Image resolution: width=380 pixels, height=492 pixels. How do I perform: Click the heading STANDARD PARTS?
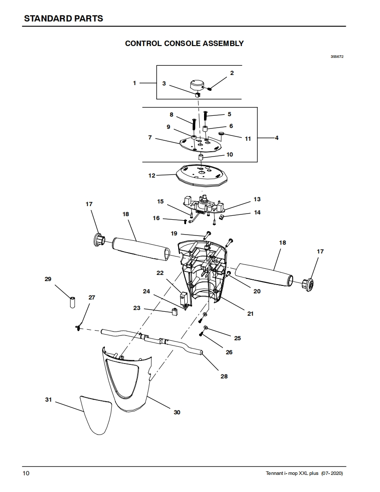[x=64, y=18]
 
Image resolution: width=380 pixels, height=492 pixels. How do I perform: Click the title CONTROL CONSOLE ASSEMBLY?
[x=184, y=43]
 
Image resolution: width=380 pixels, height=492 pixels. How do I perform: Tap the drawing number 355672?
[x=337, y=57]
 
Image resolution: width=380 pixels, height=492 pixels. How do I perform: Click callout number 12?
[x=152, y=176]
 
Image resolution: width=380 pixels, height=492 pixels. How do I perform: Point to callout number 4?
[x=277, y=138]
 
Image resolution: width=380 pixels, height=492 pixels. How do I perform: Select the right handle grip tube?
[x=264, y=275]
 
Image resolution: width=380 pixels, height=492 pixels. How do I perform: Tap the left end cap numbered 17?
[x=99, y=240]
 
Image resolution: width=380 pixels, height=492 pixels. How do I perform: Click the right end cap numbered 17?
[x=308, y=284]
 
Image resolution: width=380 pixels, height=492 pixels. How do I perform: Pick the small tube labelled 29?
[x=72, y=302]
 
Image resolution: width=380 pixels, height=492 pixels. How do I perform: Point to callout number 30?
[x=177, y=412]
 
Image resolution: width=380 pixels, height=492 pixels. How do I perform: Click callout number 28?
[x=224, y=376]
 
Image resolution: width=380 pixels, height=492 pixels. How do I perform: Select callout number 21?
[x=250, y=314]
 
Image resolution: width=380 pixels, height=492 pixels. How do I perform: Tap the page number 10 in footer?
[x=26, y=473]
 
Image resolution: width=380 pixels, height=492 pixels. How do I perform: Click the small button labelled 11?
[x=222, y=134]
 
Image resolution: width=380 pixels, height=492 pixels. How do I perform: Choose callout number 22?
[x=160, y=273]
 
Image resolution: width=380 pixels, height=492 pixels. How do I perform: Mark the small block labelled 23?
[x=175, y=312]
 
